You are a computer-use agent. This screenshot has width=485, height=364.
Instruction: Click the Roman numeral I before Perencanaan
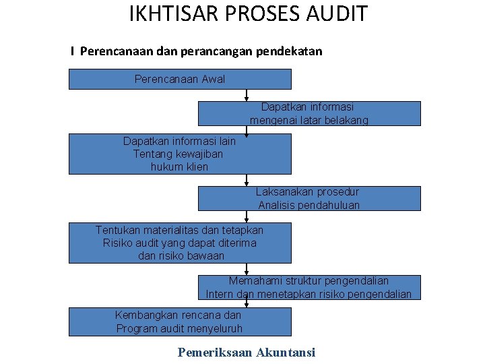pyautogui.click(x=72, y=51)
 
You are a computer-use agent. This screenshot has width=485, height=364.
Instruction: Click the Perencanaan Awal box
pyautogui.click(x=181, y=80)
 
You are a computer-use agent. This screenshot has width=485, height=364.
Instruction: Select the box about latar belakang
pyautogui.click(x=309, y=114)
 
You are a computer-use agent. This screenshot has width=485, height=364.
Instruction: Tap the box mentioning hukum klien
pyautogui.click(x=181, y=154)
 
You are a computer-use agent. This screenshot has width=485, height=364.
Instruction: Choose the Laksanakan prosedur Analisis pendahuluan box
pyautogui.click(x=309, y=199)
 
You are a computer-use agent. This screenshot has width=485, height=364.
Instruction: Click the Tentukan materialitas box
pyautogui.click(x=181, y=243)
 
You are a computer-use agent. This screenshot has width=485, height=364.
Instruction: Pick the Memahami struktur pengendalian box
pyautogui.click(x=309, y=288)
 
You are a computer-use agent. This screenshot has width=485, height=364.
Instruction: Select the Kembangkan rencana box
pyautogui.click(x=181, y=322)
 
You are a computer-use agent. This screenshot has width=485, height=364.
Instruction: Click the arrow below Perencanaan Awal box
pyautogui.click(x=247, y=95)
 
